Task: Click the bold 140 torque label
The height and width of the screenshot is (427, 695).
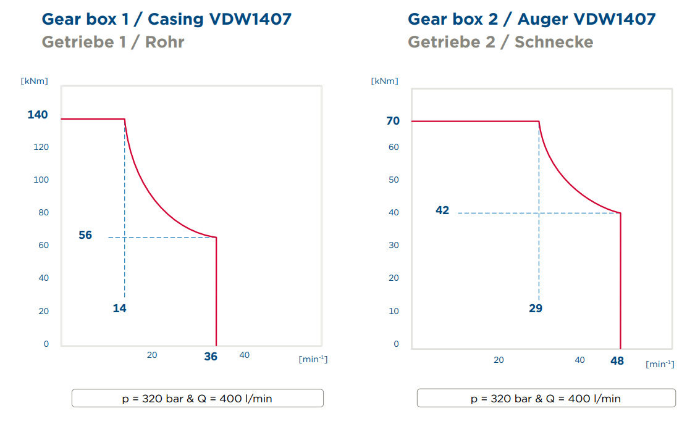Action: pos(38,115)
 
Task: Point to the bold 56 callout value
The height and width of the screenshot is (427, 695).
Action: pos(85,235)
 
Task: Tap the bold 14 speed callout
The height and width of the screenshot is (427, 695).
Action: pos(119,309)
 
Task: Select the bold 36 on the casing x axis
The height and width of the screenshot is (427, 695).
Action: pos(211,357)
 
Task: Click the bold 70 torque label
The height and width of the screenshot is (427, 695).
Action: pos(393,121)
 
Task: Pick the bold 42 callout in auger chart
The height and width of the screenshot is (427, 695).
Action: pos(442,210)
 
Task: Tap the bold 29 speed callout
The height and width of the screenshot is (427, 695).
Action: pos(536,309)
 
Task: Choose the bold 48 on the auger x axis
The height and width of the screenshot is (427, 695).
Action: pos(617,361)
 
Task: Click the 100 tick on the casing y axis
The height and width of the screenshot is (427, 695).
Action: pos(41,180)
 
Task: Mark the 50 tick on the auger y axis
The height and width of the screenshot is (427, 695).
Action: pos(394,180)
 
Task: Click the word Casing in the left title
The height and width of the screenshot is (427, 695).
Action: pos(175,20)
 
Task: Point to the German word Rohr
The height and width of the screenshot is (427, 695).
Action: pos(164,42)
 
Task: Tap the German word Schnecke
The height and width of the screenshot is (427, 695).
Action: pos(554,42)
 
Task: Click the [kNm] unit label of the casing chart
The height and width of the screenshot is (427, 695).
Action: pos(34,81)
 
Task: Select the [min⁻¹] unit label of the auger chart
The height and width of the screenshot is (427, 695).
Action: pos(660,364)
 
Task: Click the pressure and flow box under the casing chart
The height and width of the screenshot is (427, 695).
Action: pos(198,398)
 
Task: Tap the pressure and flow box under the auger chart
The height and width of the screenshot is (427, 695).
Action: pos(546,398)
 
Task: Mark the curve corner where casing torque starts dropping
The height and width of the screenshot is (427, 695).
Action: pos(125,119)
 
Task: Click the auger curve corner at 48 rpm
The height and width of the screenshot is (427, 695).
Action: pos(620,213)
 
